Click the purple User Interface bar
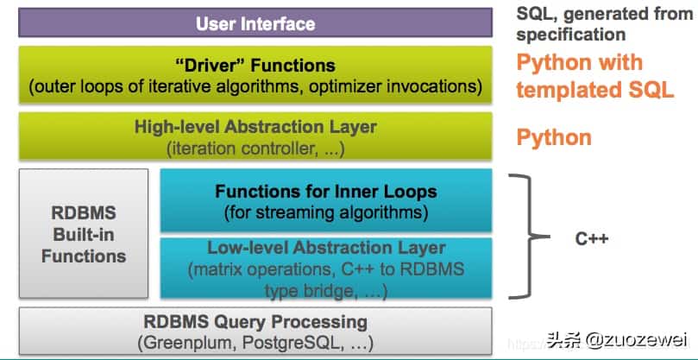point(255,23)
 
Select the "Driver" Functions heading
point(255,66)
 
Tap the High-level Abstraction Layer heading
point(255,127)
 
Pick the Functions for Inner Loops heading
point(326,192)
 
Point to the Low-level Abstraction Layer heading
point(326,249)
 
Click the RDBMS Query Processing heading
point(255,321)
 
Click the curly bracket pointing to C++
point(525,236)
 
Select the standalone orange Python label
point(554,137)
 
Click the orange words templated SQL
point(595,90)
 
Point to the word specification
point(570,35)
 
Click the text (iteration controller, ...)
point(255,148)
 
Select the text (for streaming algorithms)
point(326,212)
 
